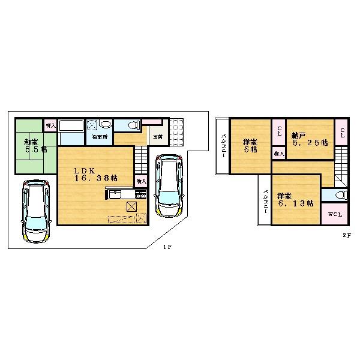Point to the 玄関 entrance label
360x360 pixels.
(158, 137)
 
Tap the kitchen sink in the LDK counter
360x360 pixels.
(116, 194)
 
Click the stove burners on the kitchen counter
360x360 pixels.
(141, 194)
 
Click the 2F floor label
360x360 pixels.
(347, 236)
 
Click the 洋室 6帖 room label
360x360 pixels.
(251, 146)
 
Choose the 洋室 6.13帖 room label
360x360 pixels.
(293, 199)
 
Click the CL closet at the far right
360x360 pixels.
(341, 131)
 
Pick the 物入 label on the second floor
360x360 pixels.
(279, 154)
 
